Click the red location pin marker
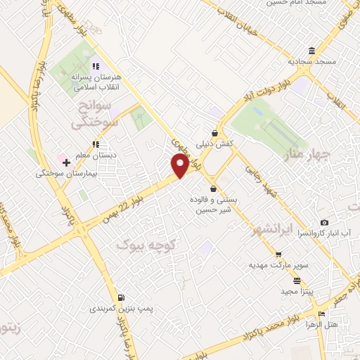[x=180, y=165]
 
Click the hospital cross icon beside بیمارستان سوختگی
[x=66, y=162]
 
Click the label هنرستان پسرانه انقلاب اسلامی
[x=97, y=82]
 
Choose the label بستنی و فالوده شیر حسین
[x=212, y=204]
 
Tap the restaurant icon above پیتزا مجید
[x=278, y=279]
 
